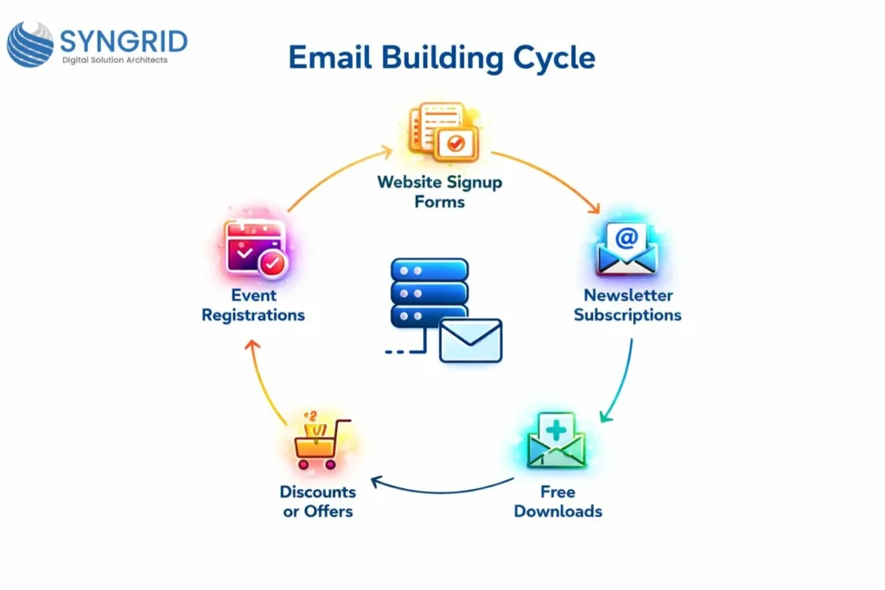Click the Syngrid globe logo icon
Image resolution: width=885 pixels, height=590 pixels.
coord(29,44)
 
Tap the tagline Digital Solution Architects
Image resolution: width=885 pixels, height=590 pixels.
coord(115,60)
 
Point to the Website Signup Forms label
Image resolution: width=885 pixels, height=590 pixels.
coord(439,192)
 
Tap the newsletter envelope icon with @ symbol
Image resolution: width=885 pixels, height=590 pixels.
coord(627,249)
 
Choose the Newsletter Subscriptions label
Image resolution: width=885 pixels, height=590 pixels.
coord(627,305)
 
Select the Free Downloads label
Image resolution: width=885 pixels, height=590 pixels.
coord(557,501)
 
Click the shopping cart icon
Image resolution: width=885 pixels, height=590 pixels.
coord(315,443)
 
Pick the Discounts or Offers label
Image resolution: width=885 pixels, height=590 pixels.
coord(317,501)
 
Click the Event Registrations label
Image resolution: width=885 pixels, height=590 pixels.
coord(253,305)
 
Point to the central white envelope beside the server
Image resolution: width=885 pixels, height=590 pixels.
coord(470,339)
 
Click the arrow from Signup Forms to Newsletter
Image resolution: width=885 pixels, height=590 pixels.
coord(550,177)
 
